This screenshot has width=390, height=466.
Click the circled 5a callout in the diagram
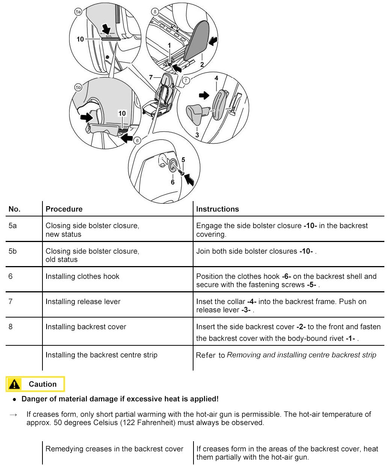point(78,12)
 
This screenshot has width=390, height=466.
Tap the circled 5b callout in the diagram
point(78,87)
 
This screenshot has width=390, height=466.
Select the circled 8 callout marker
point(155,12)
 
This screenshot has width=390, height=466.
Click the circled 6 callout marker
point(137,141)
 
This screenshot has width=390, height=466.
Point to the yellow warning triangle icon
point(14,384)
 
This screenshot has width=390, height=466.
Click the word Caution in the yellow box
point(42,384)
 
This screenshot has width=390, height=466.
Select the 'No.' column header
point(15,209)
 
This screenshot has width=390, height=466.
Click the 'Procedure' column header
point(64,209)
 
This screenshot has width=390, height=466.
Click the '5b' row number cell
point(13,251)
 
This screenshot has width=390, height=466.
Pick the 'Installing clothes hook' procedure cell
point(82,276)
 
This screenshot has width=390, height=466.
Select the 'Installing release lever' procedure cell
point(83,301)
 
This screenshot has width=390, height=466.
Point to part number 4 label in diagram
point(216,78)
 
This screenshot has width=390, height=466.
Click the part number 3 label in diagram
point(197,135)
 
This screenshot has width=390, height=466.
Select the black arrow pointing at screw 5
point(190,180)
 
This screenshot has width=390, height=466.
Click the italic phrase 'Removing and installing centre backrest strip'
point(301,355)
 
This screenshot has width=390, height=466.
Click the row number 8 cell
point(11,327)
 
